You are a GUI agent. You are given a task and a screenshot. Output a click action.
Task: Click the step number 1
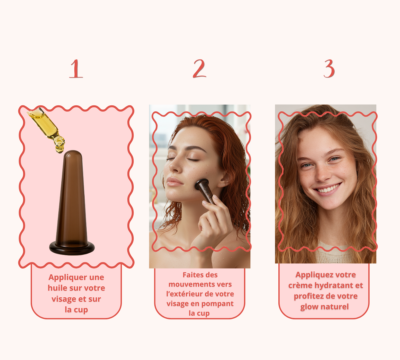[x=76, y=69]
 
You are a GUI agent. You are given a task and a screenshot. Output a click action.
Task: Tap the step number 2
[x=199, y=68]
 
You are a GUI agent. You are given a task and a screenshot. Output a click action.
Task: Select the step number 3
[x=329, y=68]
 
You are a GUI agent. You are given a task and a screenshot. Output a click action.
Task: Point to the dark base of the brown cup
[x=72, y=248]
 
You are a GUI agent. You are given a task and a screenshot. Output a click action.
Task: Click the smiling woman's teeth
[x=328, y=188]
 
